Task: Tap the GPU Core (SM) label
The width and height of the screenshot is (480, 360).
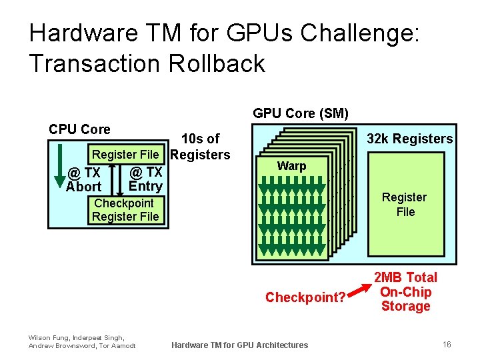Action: (x=301, y=113)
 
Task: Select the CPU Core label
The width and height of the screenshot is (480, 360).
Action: (x=80, y=129)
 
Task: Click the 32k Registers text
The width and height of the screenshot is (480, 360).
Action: (x=410, y=139)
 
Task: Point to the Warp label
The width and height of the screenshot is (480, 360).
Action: (x=291, y=166)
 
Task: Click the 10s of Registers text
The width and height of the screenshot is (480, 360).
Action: (x=201, y=147)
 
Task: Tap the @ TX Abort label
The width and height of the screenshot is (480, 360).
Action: (x=84, y=181)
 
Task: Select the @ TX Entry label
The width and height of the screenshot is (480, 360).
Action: (x=145, y=179)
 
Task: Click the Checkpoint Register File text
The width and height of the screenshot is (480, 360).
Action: (x=125, y=209)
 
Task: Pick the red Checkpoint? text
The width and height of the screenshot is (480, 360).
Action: (x=305, y=297)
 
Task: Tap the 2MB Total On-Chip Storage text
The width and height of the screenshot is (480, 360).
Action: (x=405, y=291)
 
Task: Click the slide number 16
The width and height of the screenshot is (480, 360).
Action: (x=447, y=344)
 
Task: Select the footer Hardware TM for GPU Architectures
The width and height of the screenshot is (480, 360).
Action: (x=240, y=345)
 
